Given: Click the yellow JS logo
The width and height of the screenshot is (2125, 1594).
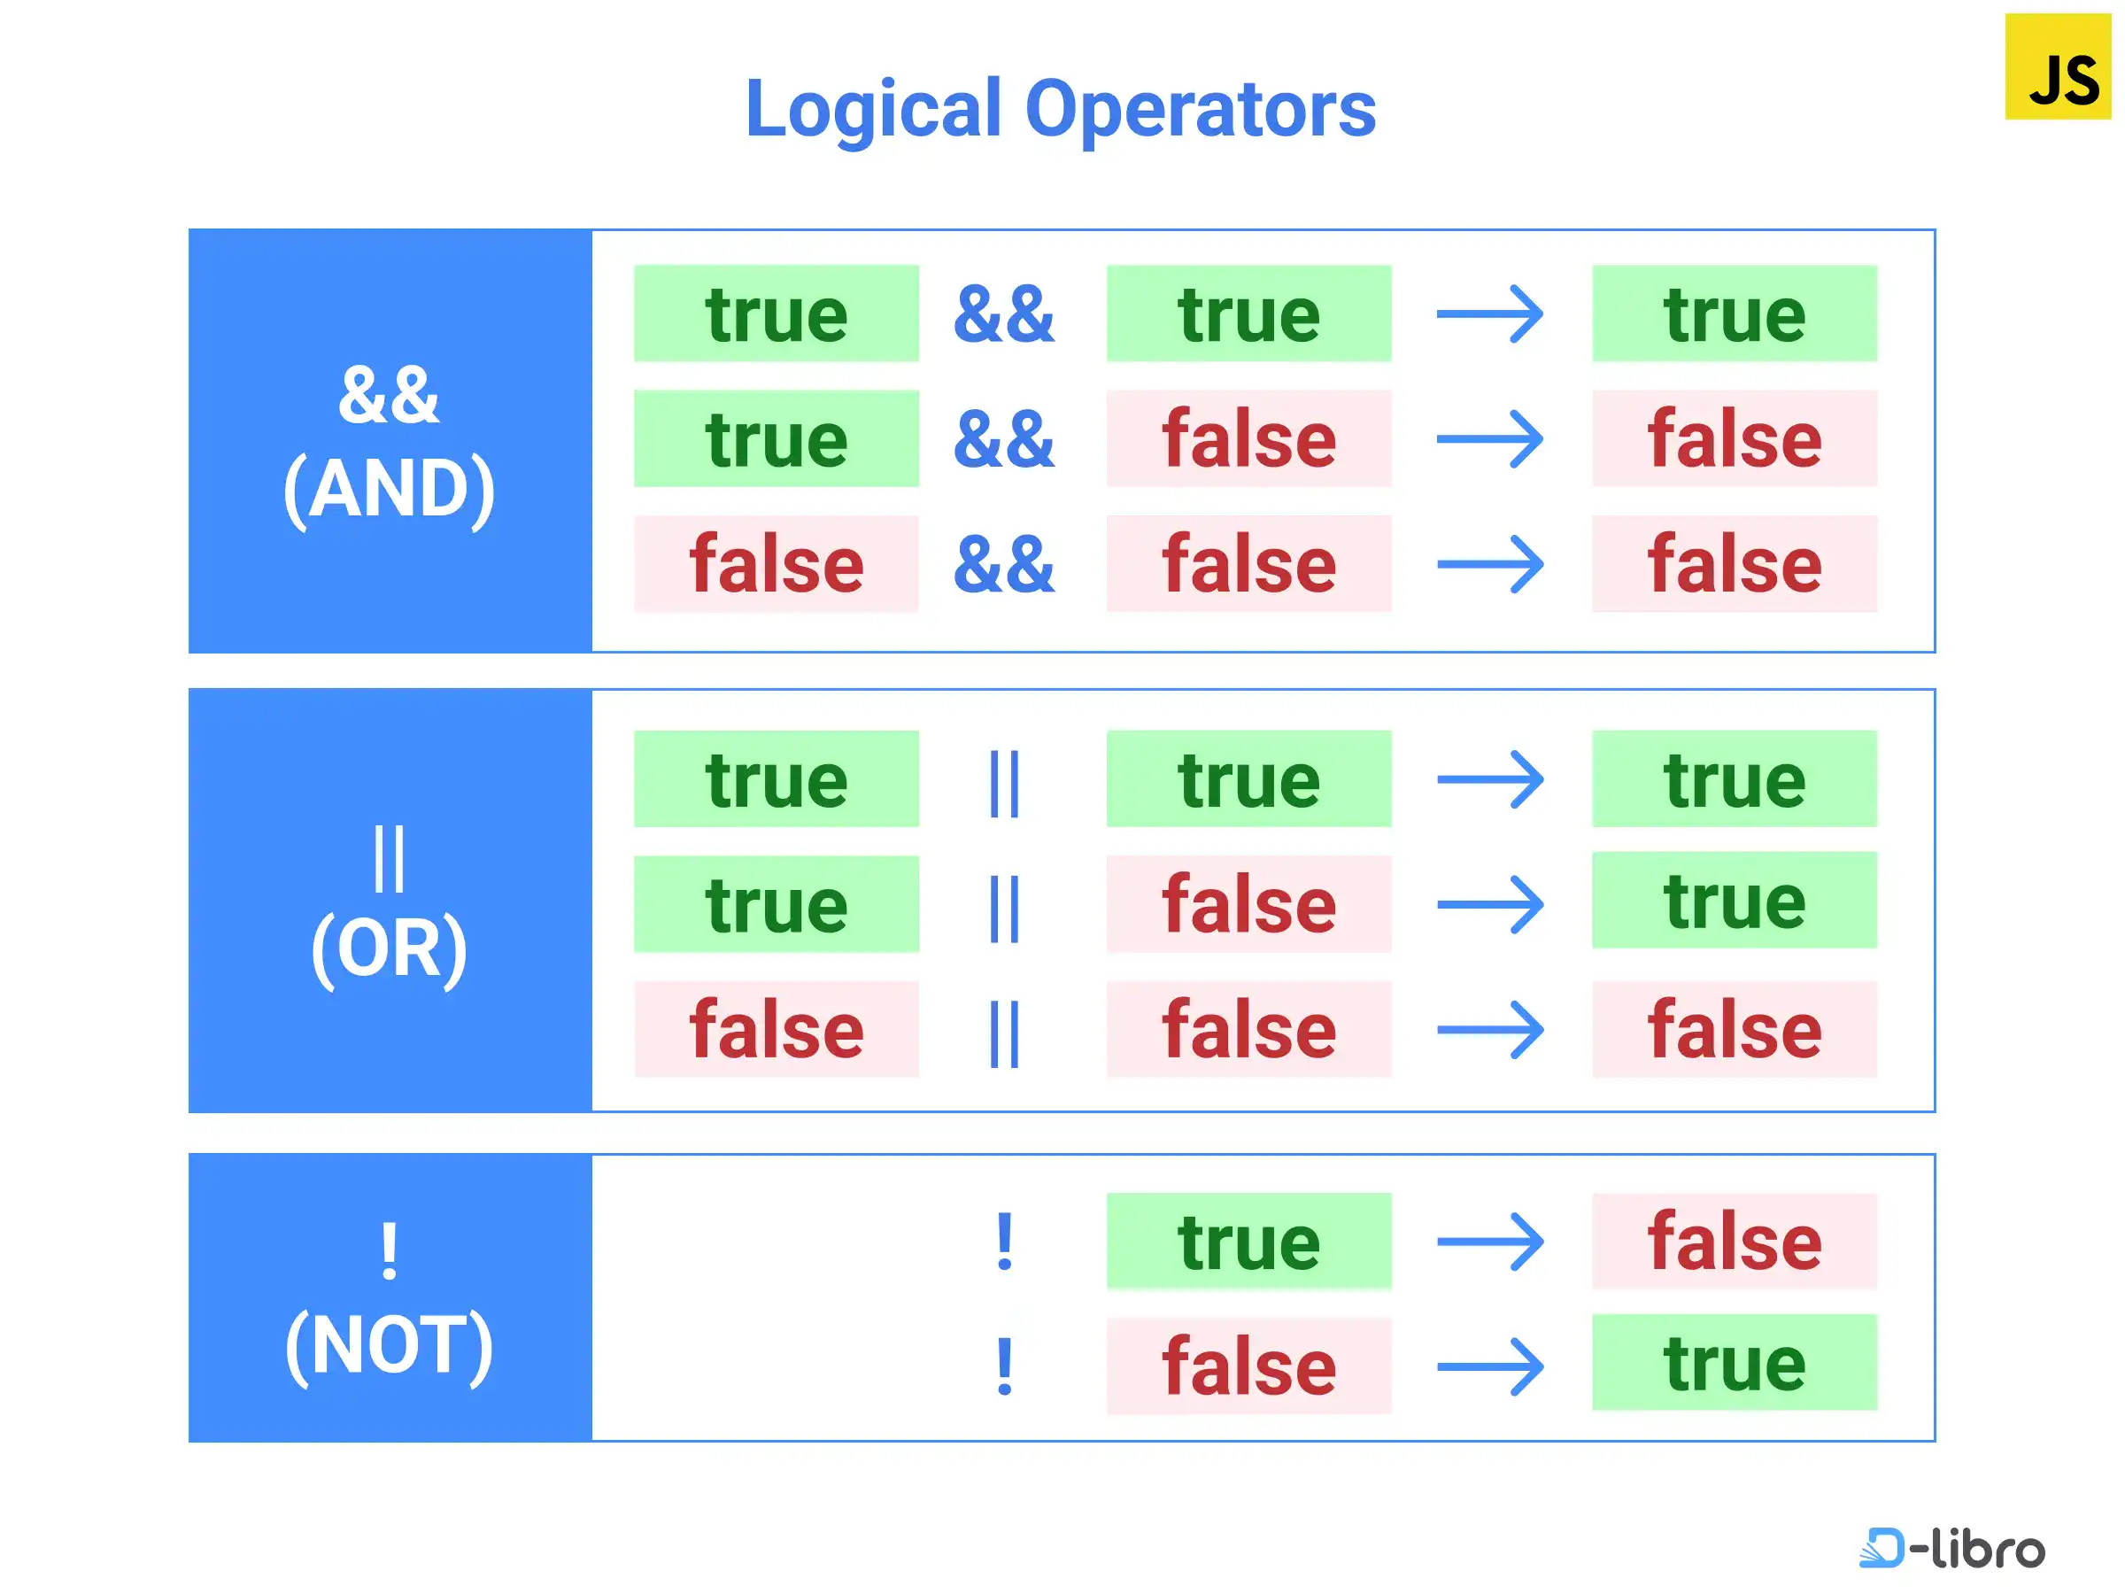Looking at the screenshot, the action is (x=2057, y=66).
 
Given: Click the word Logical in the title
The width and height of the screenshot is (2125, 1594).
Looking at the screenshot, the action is (x=873, y=110).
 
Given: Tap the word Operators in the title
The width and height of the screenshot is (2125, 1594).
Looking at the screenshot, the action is (x=1201, y=110).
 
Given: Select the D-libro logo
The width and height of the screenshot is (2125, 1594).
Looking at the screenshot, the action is (x=1951, y=1548).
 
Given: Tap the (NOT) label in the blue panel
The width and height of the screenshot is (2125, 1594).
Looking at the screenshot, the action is (x=389, y=1346).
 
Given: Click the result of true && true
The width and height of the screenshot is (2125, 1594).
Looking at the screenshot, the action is (x=1734, y=313).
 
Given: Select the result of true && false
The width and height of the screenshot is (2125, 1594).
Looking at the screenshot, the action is (x=1734, y=438).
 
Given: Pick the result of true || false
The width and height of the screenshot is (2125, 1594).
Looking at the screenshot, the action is (x=1734, y=901).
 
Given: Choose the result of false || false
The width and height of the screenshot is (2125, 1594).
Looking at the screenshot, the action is (x=1734, y=1029).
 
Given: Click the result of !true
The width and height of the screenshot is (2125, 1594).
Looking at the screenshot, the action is (x=1734, y=1241).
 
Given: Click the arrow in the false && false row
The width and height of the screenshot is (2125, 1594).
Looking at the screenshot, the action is (x=1490, y=564).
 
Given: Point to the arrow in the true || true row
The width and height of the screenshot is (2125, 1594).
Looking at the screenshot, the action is (x=1490, y=779).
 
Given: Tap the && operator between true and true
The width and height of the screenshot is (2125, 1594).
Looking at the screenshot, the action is (x=1004, y=314).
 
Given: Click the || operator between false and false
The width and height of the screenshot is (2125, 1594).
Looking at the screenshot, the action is (x=1004, y=1033).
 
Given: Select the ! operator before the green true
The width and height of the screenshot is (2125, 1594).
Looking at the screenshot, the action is (x=1005, y=1241).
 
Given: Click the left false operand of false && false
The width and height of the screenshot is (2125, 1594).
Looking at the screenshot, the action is (x=777, y=564).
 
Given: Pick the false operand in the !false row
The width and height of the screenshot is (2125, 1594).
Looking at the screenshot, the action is (x=1248, y=1366).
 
